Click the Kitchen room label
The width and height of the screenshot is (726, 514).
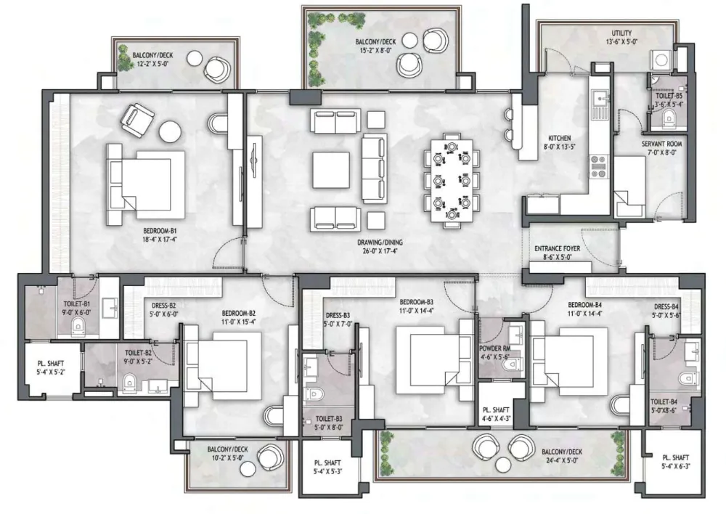pyautogui.click(x=559, y=138)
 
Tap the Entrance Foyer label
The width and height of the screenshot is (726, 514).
pyautogui.click(x=557, y=248)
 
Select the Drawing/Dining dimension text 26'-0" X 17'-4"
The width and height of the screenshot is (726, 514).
pyautogui.click(x=380, y=251)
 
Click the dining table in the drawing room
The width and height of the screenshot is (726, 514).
pyautogui.click(x=452, y=181)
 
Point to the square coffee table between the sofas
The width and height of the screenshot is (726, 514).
pyautogui.click(x=330, y=170)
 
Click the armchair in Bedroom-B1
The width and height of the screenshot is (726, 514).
pyautogui.click(x=137, y=120)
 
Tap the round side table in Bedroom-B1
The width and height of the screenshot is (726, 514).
pyautogui.click(x=170, y=131)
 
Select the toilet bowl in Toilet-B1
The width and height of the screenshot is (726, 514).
pyautogui.click(x=78, y=327)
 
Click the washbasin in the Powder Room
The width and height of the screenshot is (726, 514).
pyautogui.click(x=515, y=333)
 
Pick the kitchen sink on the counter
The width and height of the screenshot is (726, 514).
pyautogui.click(x=600, y=99)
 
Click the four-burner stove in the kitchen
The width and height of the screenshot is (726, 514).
pyautogui.click(x=598, y=167)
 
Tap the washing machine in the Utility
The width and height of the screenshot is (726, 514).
pyautogui.click(x=661, y=60)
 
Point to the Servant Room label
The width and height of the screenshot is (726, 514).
pyautogui.click(x=661, y=144)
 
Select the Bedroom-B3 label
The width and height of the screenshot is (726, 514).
pyautogui.click(x=416, y=303)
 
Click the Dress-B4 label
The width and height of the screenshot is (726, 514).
pyautogui.click(x=666, y=306)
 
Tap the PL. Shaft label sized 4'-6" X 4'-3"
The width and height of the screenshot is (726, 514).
pyautogui.click(x=496, y=415)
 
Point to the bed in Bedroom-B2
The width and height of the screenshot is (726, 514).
pyautogui.click(x=222, y=366)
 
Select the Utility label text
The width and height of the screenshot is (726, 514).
pyautogui.click(x=621, y=33)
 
